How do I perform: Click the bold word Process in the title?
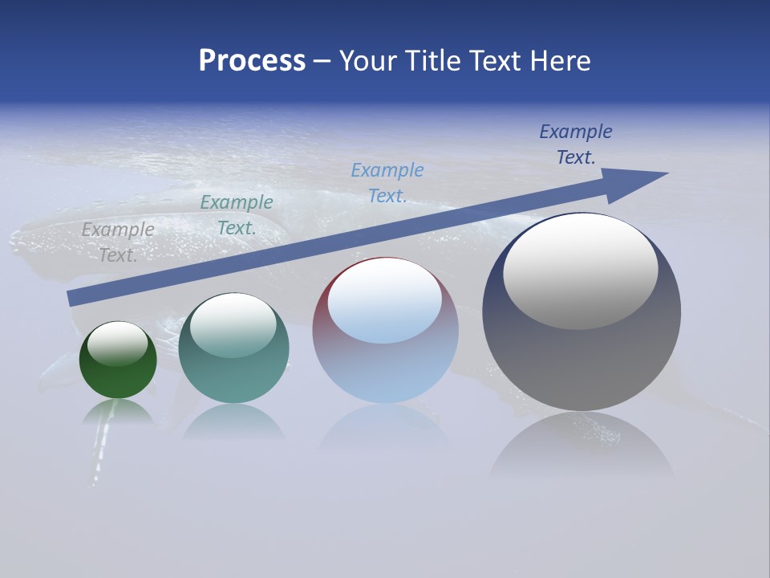click(x=252, y=61)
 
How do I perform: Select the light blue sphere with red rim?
click(x=385, y=369)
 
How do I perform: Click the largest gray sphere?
click(x=582, y=361)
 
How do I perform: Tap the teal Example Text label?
click(x=236, y=215)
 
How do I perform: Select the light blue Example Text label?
click(x=387, y=183)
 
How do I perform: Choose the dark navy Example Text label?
click(x=575, y=144)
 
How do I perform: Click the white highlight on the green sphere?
click(x=118, y=344)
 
